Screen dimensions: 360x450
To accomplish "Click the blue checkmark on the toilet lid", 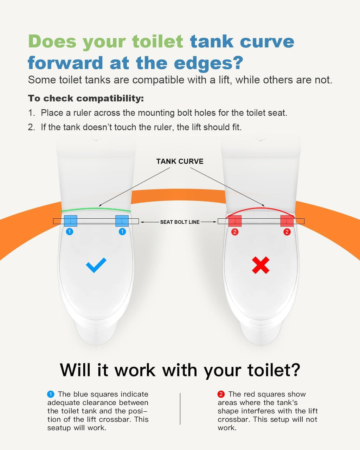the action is [96, 265].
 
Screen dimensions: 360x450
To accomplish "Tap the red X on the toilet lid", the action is [261, 265].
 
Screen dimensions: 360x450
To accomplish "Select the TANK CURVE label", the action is [180, 161].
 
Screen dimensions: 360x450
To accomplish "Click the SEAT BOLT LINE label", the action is [180, 222].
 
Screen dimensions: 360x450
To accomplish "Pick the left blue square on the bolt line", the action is [71, 221].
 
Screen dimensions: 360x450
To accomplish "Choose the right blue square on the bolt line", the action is [122, 221].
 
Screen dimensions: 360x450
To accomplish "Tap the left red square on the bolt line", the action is [235, 221].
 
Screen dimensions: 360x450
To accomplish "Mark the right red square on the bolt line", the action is [287, 221].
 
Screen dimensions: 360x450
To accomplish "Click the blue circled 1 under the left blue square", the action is [70, 232].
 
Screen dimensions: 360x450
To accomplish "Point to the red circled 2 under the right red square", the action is [287, 232].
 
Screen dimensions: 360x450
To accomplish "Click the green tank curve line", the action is [96, 208].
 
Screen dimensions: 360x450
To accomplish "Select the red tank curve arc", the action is [261, 208].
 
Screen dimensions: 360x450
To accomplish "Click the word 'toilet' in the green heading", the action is [158, 41].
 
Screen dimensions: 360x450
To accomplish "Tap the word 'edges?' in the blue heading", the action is [208, 63].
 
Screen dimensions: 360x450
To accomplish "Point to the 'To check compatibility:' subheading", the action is [86, 98].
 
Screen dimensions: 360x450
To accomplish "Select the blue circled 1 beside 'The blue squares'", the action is [51, 394].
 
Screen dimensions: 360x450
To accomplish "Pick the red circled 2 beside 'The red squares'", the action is [221, 394].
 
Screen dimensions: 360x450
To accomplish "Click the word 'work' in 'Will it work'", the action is [135, 370].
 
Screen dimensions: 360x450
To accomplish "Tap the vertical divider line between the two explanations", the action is [180, 409].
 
